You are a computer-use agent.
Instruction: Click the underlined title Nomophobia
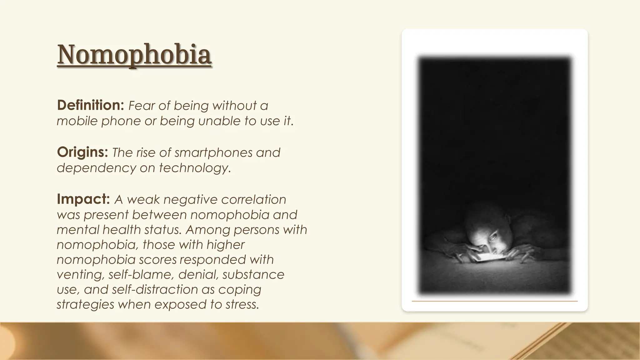[134, 55]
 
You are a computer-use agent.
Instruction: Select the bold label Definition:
[91, 106]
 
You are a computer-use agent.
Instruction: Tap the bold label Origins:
[82, 152]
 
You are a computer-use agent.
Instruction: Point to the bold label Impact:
[83, 199]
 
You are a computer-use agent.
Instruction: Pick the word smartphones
[213, 152]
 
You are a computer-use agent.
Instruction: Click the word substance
[253, 274]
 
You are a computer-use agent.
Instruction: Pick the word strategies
[85, 304]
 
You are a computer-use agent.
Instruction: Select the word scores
[158, 259]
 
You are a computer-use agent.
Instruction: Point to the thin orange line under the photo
[494, 301]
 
